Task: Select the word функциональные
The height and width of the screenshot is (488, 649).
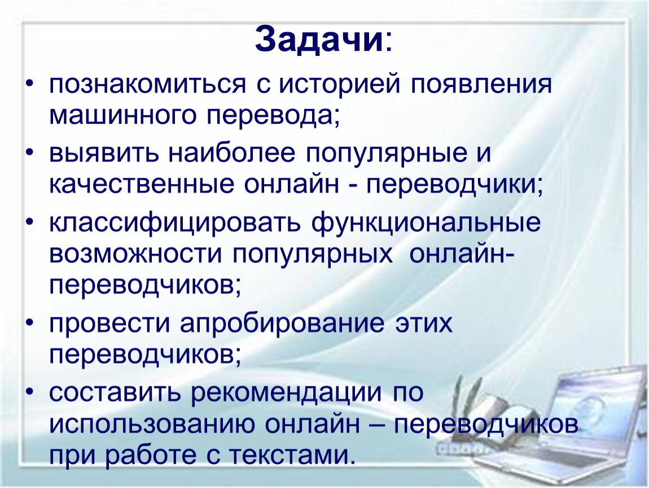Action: tap(426, 224)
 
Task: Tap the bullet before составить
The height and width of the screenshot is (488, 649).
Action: tap(30, 393)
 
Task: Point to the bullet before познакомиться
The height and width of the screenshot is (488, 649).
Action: tap(30, 85)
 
